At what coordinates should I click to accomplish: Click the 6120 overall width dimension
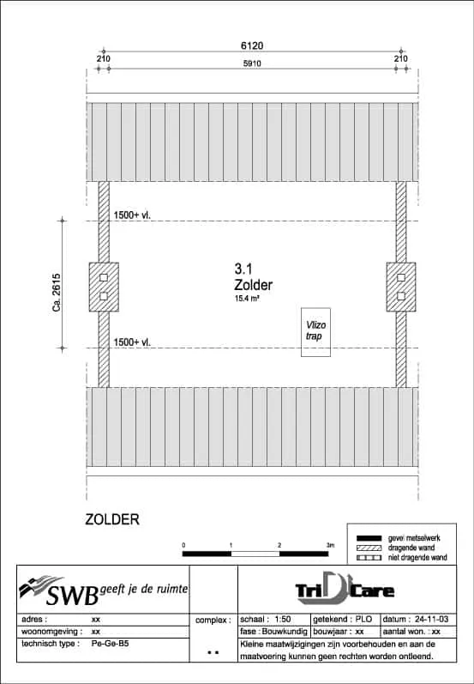pyautogui.click(x=252, y=45)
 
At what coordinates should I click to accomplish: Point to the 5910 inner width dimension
pyautogui.click(x=252, y=64)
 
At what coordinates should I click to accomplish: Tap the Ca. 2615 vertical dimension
pyautogui.click(x=57, y=293)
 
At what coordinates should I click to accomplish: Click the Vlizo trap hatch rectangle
pyautogui.click(x=315, y=332)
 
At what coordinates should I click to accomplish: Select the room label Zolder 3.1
pyautogui.click(x=253, y=277)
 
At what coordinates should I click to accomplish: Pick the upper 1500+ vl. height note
pyautogui.click(x=132, y=215)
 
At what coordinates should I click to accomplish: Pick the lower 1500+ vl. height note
pyautogui.click(x=132, y=342)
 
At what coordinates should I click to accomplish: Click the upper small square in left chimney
pyautogui.click(x=104, y=277)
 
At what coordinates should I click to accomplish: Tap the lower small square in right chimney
pyautogui.click(x=401, y=296)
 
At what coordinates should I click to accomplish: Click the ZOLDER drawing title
pyautogui.click(x=112, y=519)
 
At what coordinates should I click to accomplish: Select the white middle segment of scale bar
pyautogui.click(x=255, y=554)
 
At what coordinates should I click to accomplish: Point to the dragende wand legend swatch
pyautogui.click(x=369, y=548)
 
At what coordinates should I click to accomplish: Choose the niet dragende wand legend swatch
pyautogui.click(x=369, y=558)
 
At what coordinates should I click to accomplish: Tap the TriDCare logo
pyautogui.click(x=345, y=589)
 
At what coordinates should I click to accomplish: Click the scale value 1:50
pyautogui.click(x=283, y=620)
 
